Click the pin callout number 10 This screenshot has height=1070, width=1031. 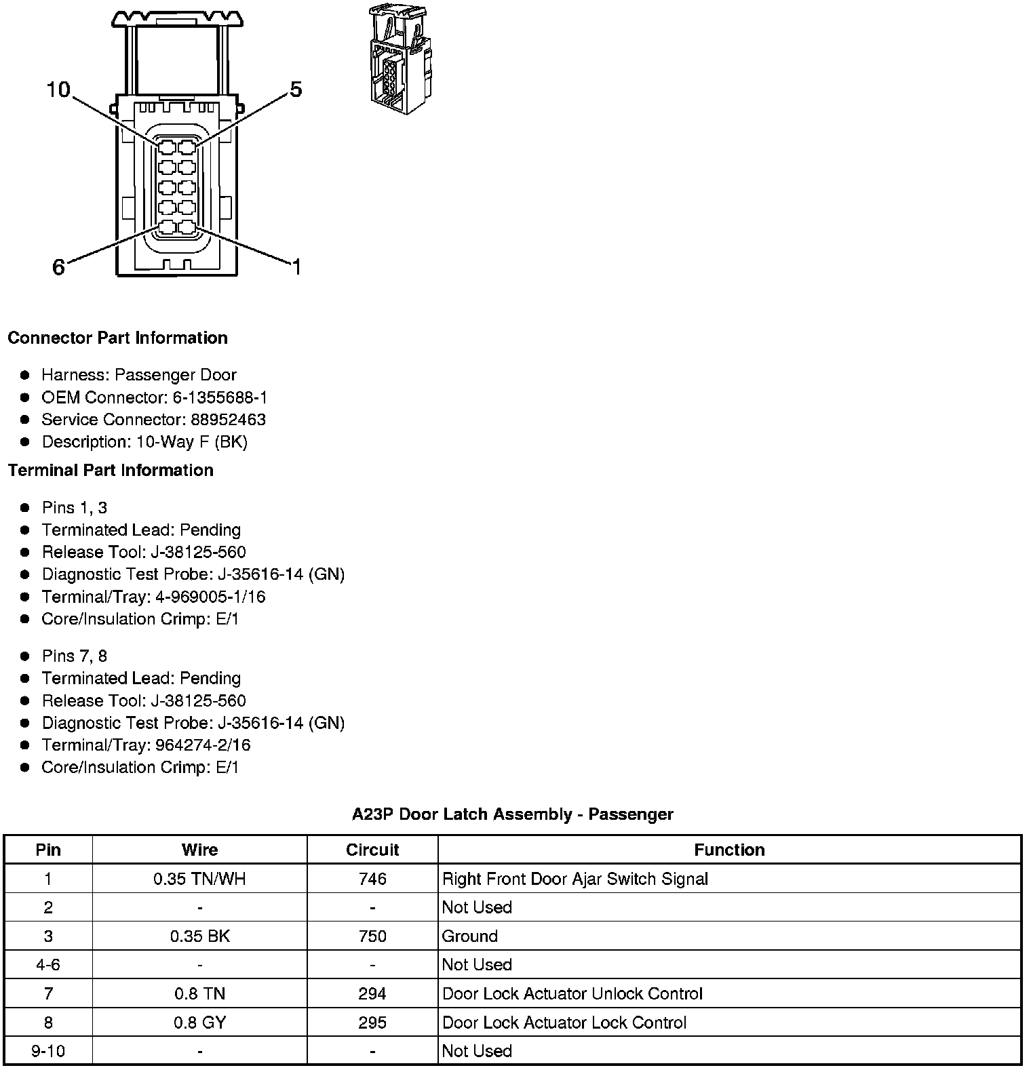click(x=58, y=90)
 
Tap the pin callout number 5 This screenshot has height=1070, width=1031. click(x=296, y=90)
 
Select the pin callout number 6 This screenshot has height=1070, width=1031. click(x=59, y=267)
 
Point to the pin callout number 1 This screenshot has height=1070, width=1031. click(x=296, y=267)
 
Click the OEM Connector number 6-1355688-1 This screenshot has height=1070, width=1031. click(x=220, y=397)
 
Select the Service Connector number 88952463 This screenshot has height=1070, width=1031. click(x=228, y=420)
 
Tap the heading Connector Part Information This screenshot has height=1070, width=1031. click(x=117, y=338)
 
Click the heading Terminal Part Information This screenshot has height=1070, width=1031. click(x=111, y=470)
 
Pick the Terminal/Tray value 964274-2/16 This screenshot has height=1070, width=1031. click(x=203, y=745)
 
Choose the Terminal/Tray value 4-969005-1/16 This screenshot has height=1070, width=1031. click(x=210, y=597)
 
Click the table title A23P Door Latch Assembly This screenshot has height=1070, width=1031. click(x=512, y=814)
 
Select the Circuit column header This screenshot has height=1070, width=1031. click(x=372, y=850)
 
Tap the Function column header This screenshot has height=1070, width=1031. click(x=729, y=850)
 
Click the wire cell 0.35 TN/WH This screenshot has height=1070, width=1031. click(x=199, y=879)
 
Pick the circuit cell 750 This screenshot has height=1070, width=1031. click(x=372, y=936)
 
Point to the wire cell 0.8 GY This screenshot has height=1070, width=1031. click(x=199, y=1023)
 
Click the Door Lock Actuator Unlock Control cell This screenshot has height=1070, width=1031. click(x=572, y=994)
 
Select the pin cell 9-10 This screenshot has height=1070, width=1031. click(x=48, y=1051)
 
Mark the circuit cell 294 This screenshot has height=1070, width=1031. click(x=372, y=994)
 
